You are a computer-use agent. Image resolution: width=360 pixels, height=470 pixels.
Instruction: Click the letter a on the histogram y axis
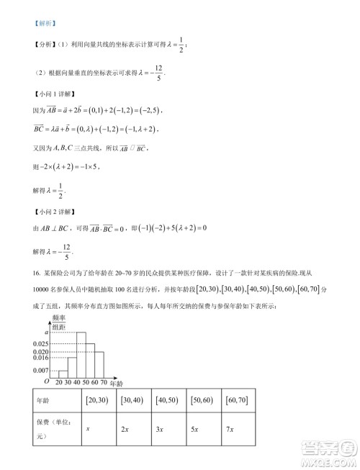coord(47,331)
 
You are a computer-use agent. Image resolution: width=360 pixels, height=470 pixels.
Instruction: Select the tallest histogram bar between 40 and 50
coord(81,353)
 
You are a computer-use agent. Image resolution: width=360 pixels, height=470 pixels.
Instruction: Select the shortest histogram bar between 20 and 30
coord(63,372)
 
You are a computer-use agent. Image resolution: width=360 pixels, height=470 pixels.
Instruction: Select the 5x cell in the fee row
coord(195,429)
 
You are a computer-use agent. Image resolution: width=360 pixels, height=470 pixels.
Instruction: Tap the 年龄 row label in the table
coord(42,399)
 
